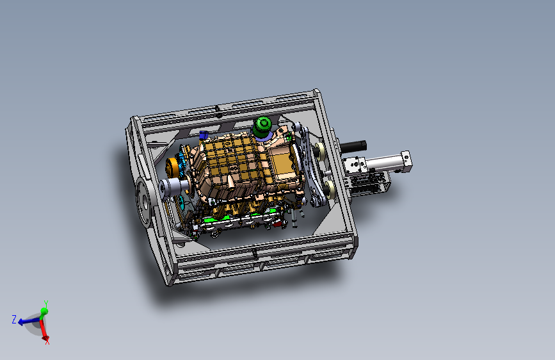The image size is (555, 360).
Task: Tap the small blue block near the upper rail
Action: (x=203, y=135)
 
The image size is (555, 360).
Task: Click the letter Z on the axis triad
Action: (x=14, y=319)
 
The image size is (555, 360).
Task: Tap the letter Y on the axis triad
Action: (x=45, y=304)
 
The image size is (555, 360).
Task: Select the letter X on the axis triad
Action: (x=47, y=341)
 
